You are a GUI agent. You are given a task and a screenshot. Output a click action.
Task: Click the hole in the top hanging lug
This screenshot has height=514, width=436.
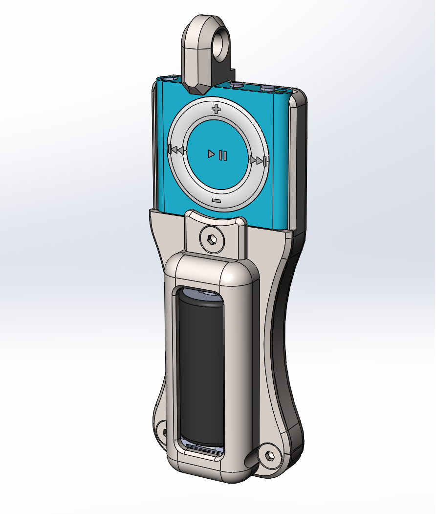(x=222, y=43)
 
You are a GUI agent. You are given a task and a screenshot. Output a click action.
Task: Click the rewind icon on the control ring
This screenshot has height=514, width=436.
(x=175, y=150)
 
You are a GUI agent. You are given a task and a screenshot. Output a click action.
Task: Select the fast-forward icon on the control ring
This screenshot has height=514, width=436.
(x=258, y=160)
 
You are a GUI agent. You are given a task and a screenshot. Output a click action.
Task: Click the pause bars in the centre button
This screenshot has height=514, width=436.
(x=223, y=155)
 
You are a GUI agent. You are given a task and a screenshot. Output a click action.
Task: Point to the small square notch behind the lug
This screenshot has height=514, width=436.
(x=231, y=72)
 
